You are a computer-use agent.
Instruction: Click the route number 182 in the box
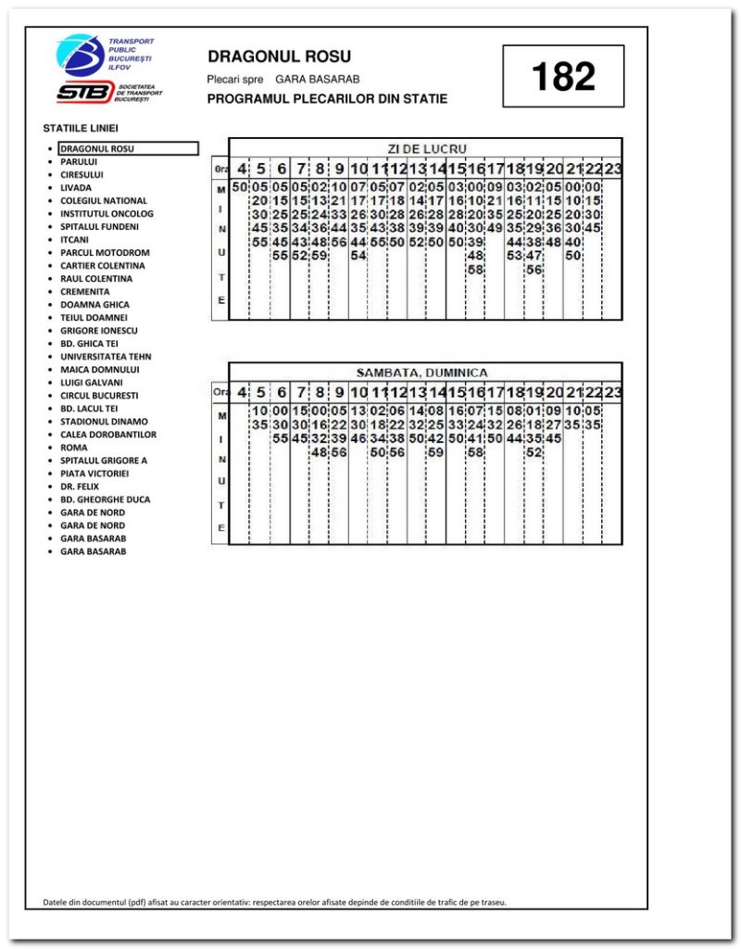tap(563, 77)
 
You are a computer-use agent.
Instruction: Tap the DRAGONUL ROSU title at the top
tap(279, 57)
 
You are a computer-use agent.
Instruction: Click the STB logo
tap(82, 92)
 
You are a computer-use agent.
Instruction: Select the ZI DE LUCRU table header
tap(425, 148)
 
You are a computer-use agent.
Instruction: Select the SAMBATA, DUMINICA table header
tap(422, 372)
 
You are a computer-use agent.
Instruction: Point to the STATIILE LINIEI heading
tap(81, 128)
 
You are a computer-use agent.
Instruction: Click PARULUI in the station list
tap(79, 161)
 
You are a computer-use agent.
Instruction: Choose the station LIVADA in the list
tap(76, 187)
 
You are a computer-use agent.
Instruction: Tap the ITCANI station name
tap(74, 239)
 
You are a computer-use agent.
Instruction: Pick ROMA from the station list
tap(73, 447)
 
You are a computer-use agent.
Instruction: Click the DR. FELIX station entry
tap(79, 486)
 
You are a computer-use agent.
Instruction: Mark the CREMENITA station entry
tap(84, 291)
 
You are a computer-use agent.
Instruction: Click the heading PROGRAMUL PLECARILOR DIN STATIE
tap(327, 98)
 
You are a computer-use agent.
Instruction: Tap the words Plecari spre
tap(235, 80)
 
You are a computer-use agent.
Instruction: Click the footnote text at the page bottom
tap(275, 901)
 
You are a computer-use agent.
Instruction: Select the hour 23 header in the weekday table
tap(612, 169)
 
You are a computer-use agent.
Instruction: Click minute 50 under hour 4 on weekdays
tap(240, 187)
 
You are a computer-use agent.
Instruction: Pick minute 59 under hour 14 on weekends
tap(435, 452)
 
